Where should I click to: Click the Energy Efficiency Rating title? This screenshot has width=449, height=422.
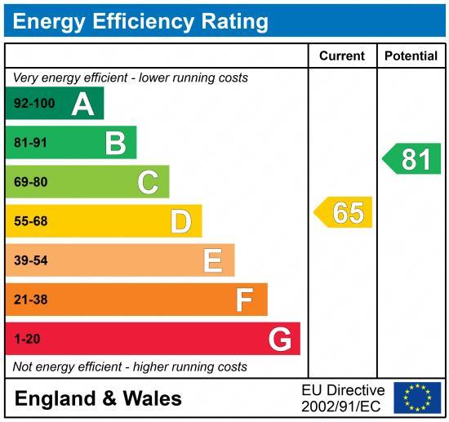(140, 20)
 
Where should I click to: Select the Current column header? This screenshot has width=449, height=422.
(341, 56)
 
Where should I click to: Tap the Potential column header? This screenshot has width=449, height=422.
(411, 56)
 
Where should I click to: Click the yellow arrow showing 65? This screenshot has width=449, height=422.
(345, 212)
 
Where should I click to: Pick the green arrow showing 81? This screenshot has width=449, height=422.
(413, 158)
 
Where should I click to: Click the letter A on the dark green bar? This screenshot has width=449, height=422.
(82, 104)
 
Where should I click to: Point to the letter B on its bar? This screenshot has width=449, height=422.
(115, 143)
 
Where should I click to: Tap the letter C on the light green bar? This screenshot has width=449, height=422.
(148, 182)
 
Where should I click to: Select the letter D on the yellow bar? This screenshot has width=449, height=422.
(180, 221)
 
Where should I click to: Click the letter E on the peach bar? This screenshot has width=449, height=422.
(212, 260)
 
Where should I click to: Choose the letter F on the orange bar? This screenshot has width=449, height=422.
(244, 300)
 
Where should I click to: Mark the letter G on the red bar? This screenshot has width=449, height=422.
(280, 339)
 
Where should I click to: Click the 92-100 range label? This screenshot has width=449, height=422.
(32, 104)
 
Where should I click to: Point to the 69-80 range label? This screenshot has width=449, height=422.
(31, 182)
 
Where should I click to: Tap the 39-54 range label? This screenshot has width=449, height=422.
(31, 260)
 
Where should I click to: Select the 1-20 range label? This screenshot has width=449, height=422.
(27, 339)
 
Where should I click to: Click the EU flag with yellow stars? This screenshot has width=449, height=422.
(417, 398)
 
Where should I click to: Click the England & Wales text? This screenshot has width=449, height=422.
(99, 398)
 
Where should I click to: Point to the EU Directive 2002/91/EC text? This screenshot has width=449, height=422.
(343, 398)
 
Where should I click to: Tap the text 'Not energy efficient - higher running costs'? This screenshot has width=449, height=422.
(130, 366)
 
